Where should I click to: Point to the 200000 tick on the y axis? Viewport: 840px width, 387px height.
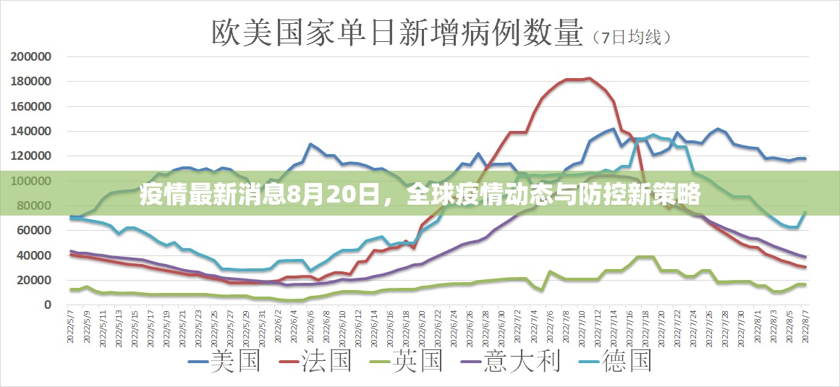coord(30,56)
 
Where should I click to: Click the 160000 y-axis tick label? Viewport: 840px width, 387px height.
coord(30,106)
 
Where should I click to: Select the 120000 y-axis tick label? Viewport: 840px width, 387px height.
coord(30,156)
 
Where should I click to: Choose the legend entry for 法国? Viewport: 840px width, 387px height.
coord(315,361)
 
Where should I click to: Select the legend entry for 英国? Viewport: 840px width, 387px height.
coord(406,361)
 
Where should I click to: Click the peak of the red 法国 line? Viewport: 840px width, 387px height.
coord(590,78)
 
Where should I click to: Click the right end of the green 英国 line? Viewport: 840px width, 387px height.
coord(805,285)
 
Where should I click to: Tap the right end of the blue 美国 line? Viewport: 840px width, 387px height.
coord(805,158)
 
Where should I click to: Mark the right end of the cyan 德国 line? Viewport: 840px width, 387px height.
coord(805,212)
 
